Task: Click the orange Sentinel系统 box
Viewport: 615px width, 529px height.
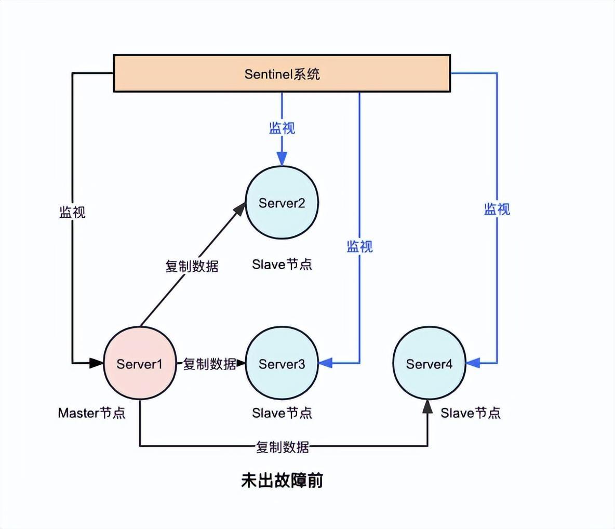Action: [x=282, y=73]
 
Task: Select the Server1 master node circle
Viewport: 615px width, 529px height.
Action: [x=139, y=364]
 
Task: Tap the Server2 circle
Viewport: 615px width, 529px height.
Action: [x=282, y=203]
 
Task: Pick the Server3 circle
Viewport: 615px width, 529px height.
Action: [x=282, y=364]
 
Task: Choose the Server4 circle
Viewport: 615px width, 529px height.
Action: [x=429, y=364]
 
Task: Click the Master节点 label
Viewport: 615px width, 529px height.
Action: [x=91, y=413]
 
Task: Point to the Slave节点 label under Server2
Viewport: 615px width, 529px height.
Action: [x=282, y=264]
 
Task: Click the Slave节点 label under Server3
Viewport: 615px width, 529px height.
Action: [x=282, y=413]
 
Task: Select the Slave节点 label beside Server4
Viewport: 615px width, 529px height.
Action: [x=471, y=413]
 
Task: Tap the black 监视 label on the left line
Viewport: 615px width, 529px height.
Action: [x=72, y=212]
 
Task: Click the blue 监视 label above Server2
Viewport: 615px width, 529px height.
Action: [x=282, y=128]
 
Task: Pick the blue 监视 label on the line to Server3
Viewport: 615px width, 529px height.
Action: [x=359, y=246]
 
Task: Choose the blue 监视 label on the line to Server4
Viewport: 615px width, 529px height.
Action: [x=497, y=209]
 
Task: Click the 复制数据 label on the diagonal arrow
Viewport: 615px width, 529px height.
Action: [x=192, y=266]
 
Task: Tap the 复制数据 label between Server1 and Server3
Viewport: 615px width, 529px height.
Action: [x=209, y=364]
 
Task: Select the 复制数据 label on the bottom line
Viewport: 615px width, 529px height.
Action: [x=283, y=446]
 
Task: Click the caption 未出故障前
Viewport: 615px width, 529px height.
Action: [x=282, y=480]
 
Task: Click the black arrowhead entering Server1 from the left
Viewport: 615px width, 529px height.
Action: [x=97, y=363]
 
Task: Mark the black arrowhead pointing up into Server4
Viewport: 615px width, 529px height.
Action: [x=427, y=407]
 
